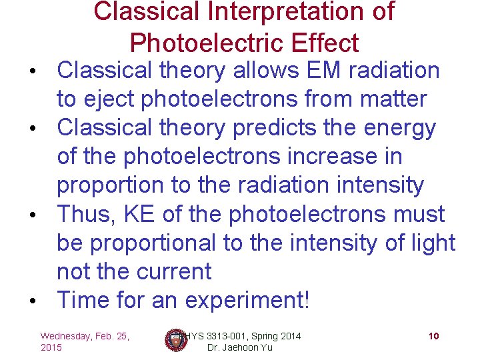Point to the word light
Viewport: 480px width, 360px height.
pyautogui.click(x=432, y=243)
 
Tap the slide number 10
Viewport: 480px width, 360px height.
pyautogui.click(x=433, y=336)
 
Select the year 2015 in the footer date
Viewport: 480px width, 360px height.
pyautogui.click(x=51, y=348)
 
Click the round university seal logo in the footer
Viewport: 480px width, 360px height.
pyautogui.click(x=177, y=340)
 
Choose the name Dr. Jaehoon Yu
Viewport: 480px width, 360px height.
pyautogui.click(x=240, y=348)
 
